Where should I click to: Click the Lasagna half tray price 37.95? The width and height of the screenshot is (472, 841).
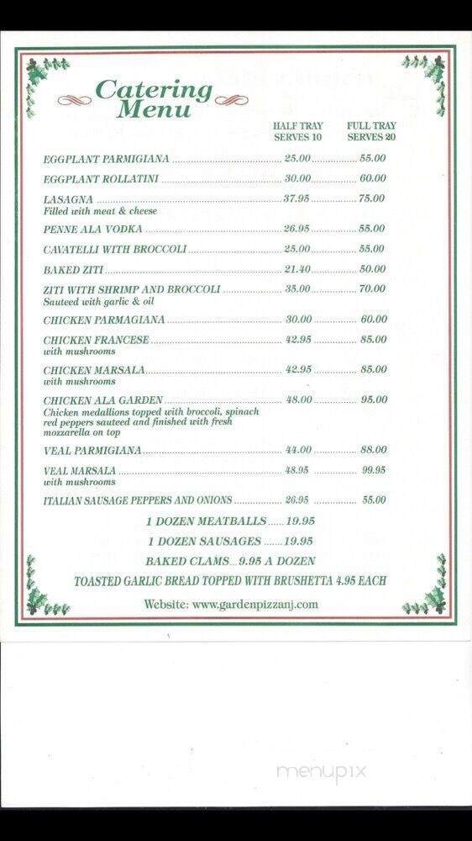(297, 198)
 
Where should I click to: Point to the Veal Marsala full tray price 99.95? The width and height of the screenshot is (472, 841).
(374, 470)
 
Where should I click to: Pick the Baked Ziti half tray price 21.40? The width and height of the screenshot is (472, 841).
(297, 269)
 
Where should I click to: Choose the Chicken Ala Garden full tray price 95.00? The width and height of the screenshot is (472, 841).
(374, 399)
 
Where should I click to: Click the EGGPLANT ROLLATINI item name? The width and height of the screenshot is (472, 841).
(101, 179)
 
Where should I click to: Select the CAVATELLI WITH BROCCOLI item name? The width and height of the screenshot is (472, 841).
(115, 249)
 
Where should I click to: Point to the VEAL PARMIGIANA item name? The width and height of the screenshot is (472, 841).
(92, 451)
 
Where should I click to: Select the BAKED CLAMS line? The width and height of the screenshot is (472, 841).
(230, 561)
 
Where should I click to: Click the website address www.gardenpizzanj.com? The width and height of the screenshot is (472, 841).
(231, 603)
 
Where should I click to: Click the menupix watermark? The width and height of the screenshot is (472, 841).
(321, 772)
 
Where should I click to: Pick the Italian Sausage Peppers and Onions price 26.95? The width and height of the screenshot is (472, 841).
(297, 500)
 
